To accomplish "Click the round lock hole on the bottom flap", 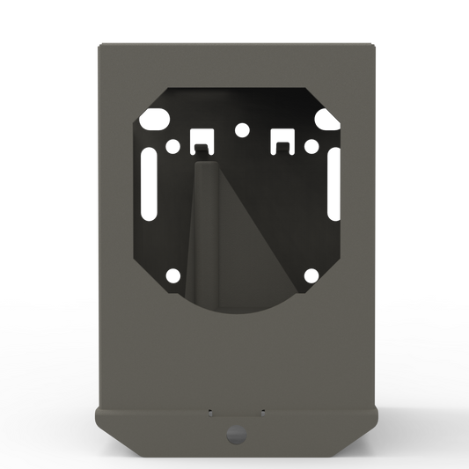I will (234, 433).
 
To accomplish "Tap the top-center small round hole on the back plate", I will (240, 130).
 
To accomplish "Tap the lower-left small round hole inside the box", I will (172, 275).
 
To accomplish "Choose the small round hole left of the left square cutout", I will (172, 147).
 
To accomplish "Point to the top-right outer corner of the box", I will (374, 40).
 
